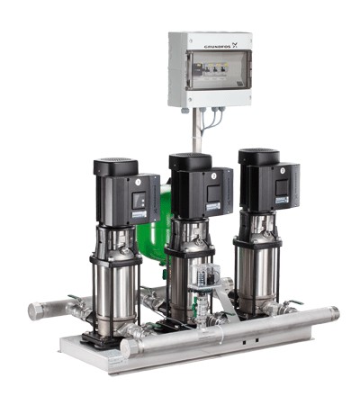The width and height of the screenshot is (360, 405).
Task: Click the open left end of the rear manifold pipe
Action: [x=36, y=310]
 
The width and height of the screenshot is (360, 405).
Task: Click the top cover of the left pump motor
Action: [x=115, y=166]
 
